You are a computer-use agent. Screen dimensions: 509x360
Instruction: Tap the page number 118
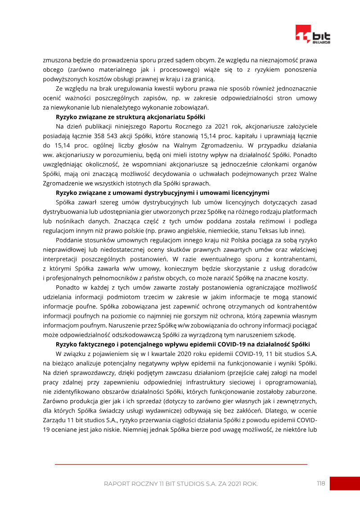(320, 483)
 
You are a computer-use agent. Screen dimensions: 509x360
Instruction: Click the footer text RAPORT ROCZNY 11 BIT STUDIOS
(180, 484)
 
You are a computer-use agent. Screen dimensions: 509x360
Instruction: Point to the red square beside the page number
(344, 483)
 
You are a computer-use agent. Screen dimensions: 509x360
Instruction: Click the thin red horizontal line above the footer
(181, 464)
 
